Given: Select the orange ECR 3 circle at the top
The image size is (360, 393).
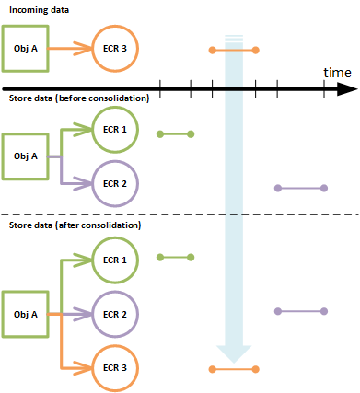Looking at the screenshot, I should (115, 48).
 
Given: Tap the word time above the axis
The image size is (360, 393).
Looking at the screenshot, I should (338, 72).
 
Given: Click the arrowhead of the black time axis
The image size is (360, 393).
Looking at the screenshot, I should (347, 88).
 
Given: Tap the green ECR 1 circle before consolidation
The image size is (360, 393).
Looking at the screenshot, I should (115, 131).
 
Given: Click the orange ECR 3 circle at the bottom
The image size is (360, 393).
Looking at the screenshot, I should (115, 367).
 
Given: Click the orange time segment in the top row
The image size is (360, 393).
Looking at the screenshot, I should (234, 48).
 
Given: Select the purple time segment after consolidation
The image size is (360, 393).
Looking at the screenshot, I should (301, 310).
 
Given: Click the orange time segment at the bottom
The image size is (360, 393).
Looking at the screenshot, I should (234, 369).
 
